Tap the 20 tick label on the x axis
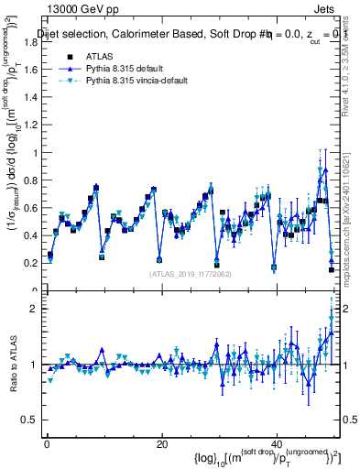point(161,443)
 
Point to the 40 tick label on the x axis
point(277,443)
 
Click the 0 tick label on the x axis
point(47,443)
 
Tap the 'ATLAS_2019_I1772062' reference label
point(190,273)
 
